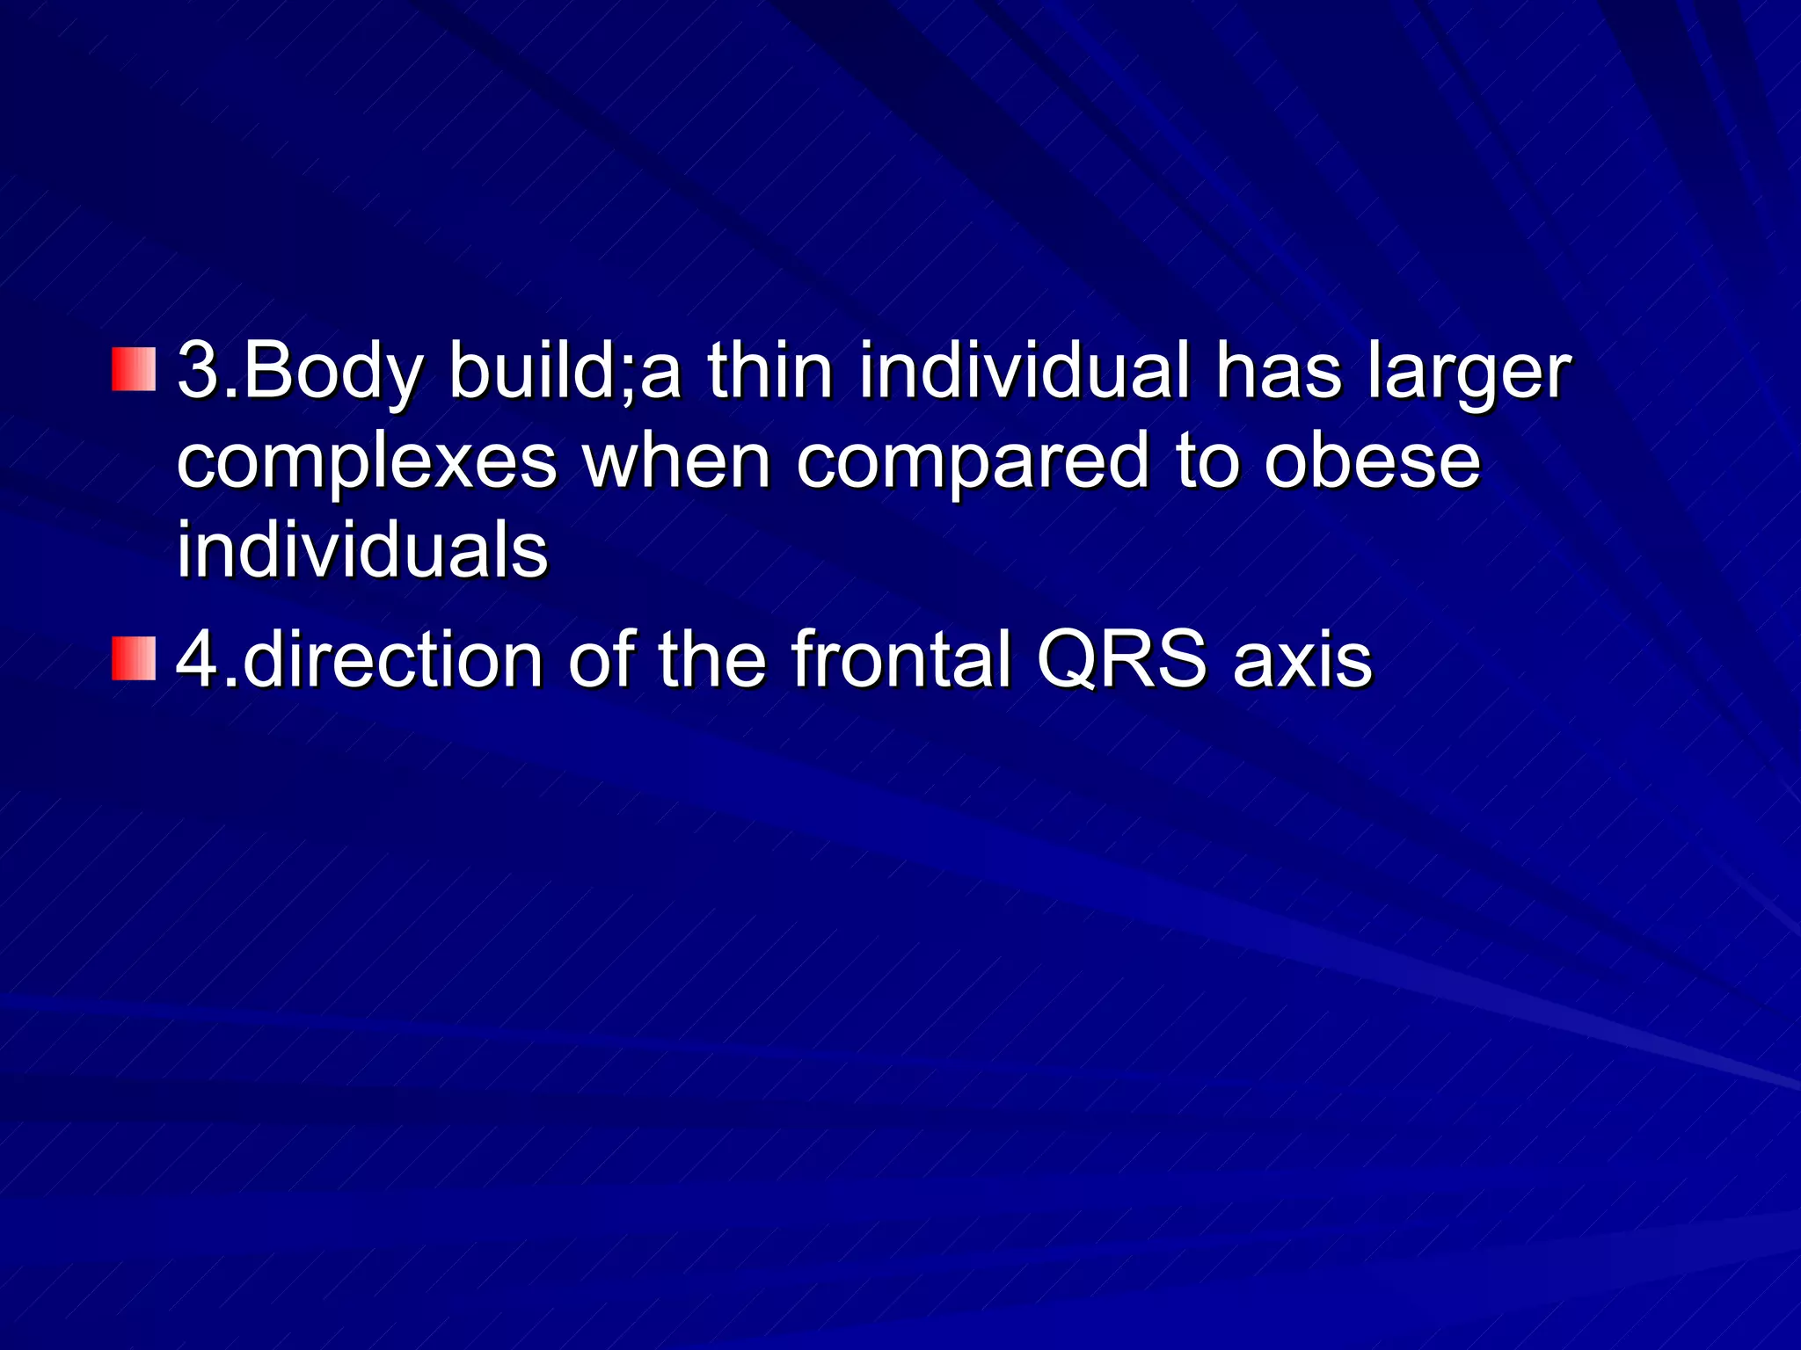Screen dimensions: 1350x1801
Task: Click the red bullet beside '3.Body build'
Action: pos(134,369)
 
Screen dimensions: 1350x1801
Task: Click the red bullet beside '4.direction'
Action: pos(134,659)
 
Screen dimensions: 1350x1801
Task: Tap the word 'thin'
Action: pos(769,371)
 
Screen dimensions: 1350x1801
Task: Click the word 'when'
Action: pos(677,461)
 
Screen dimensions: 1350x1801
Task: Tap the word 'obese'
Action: pos(1372,461)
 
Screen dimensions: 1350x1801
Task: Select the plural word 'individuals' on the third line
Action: pos(362,550)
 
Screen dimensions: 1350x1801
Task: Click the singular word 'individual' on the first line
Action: pos(1024,371)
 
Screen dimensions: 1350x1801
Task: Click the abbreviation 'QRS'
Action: pos(1121,661)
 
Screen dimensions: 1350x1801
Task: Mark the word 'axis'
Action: pos(1302,661)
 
